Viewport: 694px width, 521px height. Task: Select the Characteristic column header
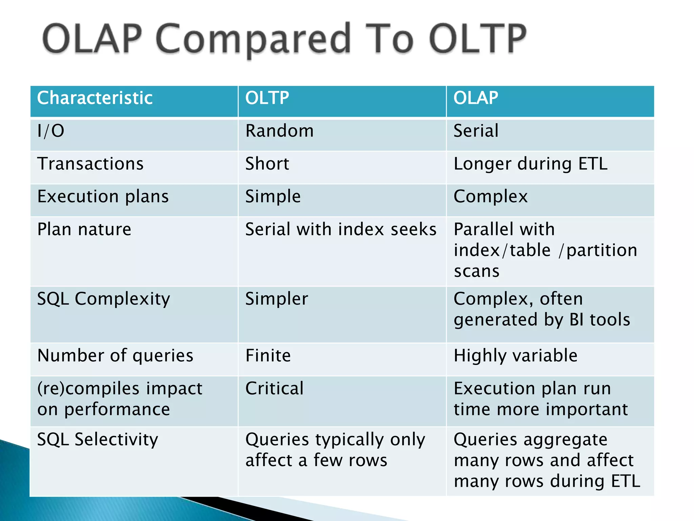pyautogui.click(x=95, y=98)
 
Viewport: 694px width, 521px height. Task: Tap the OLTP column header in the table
pyautogui.click(x=267, y=98)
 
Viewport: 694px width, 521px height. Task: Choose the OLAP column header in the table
pyautogui.click(x=475, y=98)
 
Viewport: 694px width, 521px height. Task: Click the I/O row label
pyautogui.click(x=50, y=131)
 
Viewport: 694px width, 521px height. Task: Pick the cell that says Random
pyautogui.click(x=280, y=131)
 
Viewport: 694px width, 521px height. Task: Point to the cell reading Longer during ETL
pyautogui.click(x=530, y=164)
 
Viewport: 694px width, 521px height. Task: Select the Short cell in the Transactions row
pyautogui.click(x=267, y=164)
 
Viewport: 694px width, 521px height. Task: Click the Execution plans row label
pyautogui.click(x=103, y=196)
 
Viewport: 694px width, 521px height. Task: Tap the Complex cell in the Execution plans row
pyautogui.click(x=490, y=196)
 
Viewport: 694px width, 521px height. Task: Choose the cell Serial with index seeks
pyautogui.click(x=341, y=229)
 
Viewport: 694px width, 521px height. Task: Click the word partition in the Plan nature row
pyautogui.click(x=602, y=250)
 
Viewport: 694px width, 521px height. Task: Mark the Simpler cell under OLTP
pyautogui.click(x=277, y=299)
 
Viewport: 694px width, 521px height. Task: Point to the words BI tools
pyautogui.click(x=599, y=320)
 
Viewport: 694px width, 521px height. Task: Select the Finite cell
pyautogui.click(x=268, y=355)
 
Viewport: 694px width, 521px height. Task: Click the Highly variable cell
pyautogui.click(x=515, y=355)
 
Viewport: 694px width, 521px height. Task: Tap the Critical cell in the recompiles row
pyautogui.click(x=274, y=388)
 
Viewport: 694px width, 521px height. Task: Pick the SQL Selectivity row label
pyautogui.click(x=98, y=439)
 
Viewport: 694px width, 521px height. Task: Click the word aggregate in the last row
pyautogui.click(x=566, y=440)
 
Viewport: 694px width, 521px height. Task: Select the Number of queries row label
pyautogui.click(x=115, y=355)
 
